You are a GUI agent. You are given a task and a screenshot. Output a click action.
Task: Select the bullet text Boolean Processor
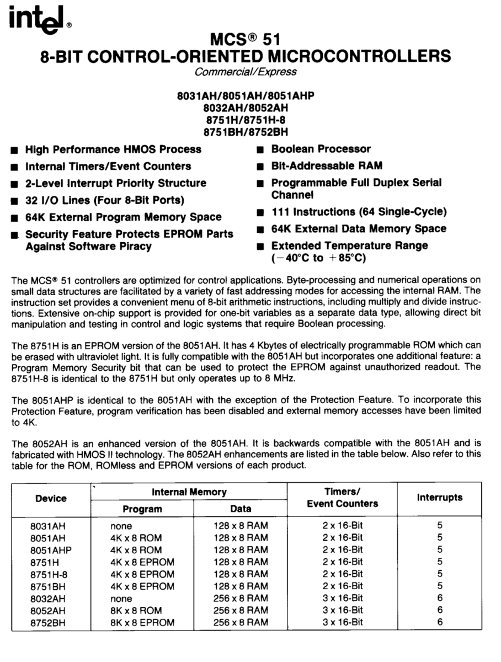click(321, 149)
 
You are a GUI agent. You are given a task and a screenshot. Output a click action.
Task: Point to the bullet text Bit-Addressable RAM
click(327, 165)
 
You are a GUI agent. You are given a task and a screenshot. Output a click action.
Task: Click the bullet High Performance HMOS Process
click(113, 150)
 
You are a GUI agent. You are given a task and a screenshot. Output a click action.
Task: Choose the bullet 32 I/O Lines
click(105, 200)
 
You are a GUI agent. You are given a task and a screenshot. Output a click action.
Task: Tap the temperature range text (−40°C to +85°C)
click(319, 257)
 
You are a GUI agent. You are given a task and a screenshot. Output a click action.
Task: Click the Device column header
click(51, 499)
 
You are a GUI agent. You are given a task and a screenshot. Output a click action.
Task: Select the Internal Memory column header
click(189, 492)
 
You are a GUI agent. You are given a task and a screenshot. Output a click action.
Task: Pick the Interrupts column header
click(440, 498)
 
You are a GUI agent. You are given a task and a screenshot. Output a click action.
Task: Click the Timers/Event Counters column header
click(342, 498)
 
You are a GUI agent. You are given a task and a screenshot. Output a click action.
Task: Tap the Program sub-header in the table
click(142, 509)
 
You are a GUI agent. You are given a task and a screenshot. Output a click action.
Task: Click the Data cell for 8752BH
click(241, 622)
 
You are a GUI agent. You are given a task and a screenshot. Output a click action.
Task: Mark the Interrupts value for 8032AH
click(440, 598)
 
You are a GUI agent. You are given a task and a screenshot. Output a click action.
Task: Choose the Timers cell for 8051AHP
click(342, 550)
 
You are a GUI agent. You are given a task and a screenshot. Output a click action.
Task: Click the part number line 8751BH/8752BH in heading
click(246, 131)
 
